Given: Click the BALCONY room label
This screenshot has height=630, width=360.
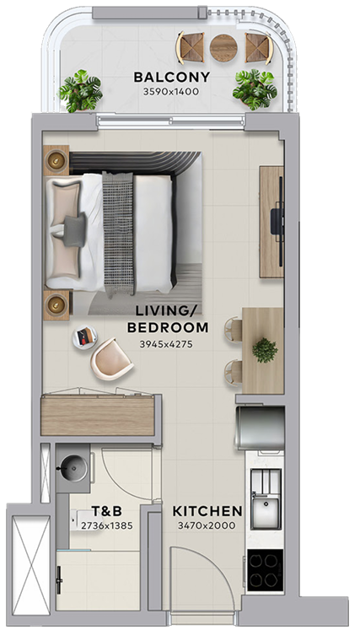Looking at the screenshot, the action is click(171, 77).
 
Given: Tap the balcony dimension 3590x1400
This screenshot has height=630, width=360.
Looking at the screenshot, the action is click(171, 92).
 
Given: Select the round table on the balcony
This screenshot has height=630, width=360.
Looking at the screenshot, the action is click(223, 47).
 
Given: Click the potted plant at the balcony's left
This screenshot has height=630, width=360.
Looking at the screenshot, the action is click(80, 91).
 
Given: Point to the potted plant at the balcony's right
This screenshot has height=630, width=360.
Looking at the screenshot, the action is click(255, 89).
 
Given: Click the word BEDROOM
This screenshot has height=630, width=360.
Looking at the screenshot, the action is click(168, 328).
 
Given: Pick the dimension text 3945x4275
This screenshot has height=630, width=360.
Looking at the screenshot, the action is click(166, 344).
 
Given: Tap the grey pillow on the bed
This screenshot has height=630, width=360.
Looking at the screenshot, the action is click(74, 229).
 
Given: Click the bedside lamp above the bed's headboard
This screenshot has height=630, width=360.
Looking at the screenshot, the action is click(56, 160).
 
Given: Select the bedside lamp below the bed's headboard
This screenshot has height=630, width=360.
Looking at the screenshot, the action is click(56, 304).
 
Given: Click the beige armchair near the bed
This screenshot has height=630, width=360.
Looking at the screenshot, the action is click(111, 359).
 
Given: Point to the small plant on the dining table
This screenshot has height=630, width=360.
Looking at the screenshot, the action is click(265, 350).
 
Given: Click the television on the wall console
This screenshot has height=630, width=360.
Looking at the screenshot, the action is click(279, 221).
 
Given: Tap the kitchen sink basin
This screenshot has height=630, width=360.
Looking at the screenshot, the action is click(266, 512).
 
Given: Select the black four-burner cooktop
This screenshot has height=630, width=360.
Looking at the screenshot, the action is click(266, 570).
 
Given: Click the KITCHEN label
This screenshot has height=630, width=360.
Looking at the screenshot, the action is click(207, 511).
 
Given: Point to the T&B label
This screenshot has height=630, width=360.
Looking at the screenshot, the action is click(106, 511).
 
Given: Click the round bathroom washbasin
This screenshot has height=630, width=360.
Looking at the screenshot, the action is click(73, 468).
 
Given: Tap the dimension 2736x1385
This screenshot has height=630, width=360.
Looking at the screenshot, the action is click(107, 525).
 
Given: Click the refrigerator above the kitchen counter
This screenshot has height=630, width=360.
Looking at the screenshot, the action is click(260, 428).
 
